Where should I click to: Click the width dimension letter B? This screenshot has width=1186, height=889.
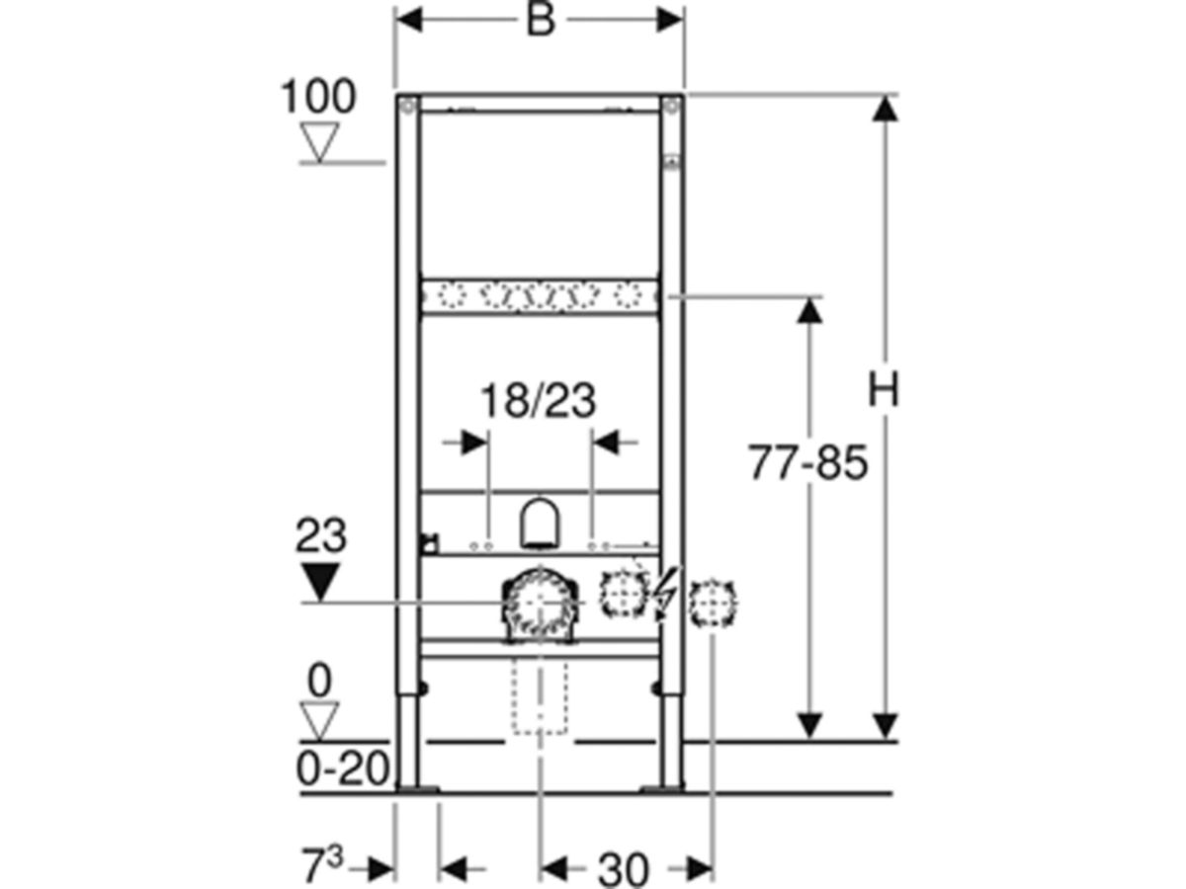(x=540, y=21)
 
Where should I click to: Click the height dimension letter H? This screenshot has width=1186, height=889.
(x=884, y=391)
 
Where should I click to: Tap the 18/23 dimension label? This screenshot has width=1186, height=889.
(x=538, y=401)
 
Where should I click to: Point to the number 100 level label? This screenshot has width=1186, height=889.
(x=318, y=98)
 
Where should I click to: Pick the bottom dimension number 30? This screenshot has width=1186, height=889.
(x=624, y=869)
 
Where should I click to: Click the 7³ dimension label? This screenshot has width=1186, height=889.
(x=321, y=868)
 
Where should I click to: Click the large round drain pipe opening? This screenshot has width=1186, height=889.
(x=540, y=602)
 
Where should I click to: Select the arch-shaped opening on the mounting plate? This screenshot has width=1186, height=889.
(x=540, y=524)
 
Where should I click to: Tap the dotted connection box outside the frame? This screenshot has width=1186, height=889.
(x=713, y=603)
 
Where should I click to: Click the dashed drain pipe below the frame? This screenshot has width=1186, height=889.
(x=540, y=697)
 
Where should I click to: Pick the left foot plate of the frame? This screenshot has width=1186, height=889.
(x=416, y=787)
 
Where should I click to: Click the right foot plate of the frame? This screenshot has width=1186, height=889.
(x=661, y=787)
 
